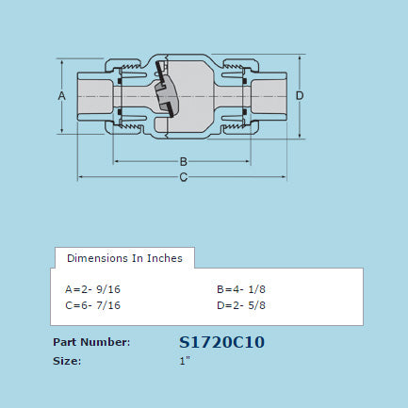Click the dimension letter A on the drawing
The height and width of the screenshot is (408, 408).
(x=61, y=96)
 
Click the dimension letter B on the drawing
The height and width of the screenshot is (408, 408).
(x=184, y=160)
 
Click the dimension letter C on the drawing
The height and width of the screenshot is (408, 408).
(x=184, y=176)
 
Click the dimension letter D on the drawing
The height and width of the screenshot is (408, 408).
(x=299, y=96)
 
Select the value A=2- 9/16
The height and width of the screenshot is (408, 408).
(x=92, y=289)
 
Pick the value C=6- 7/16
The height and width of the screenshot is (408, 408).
(x=92, y=305)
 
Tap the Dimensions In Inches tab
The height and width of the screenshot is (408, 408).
(x=124, y=257)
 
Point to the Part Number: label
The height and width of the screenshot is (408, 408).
(x=90, y=342)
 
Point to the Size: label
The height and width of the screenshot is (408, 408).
(x=67, y=360)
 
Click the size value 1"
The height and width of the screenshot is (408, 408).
(x=185, y=360)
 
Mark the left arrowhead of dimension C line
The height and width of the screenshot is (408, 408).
(x=81, y=176)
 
